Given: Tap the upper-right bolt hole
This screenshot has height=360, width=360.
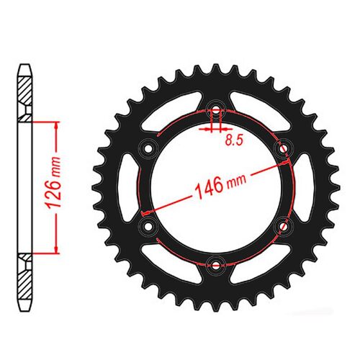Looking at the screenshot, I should (283, 149).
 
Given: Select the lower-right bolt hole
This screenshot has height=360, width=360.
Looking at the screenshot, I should (283, 225).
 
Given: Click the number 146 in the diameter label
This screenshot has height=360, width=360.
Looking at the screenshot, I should (210, 189).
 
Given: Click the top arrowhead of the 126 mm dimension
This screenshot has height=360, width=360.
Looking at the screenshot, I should (55, 123).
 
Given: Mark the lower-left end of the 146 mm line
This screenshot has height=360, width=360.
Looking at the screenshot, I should (145, 213).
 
